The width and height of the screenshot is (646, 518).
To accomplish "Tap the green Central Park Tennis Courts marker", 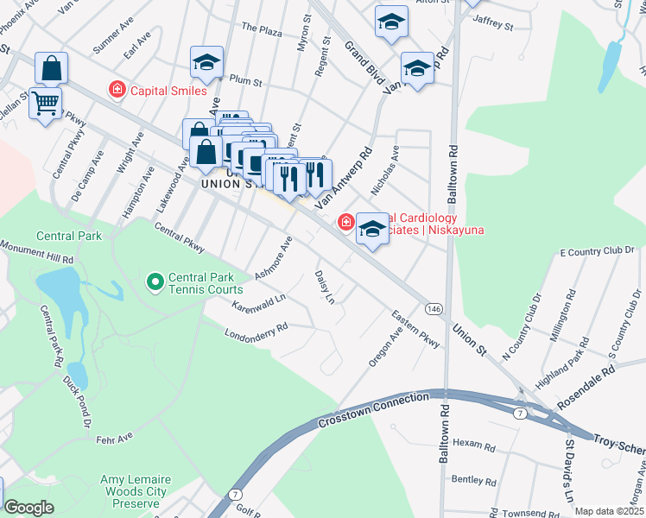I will [155, 281].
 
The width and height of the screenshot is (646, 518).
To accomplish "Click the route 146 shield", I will [434, 308].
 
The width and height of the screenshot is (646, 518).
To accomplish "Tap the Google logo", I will [28, 508].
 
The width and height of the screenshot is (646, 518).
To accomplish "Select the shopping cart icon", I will [45, 104].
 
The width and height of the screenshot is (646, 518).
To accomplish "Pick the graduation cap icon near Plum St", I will [207, 62].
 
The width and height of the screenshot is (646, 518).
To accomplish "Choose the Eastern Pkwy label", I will [415, 329].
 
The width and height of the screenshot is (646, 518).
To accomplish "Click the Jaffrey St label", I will [494, 27].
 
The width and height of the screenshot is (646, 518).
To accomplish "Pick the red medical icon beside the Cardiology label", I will [346, 224].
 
